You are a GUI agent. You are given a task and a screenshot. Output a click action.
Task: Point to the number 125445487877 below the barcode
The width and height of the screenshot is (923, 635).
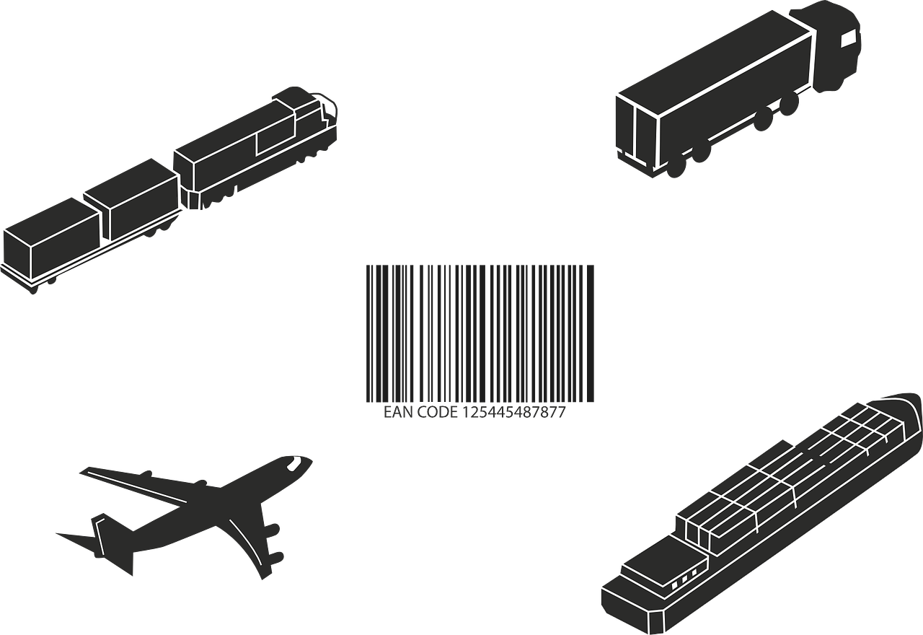[x=513, y=412]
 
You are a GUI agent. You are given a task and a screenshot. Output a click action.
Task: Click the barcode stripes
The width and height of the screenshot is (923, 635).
[x=480, y=332]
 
